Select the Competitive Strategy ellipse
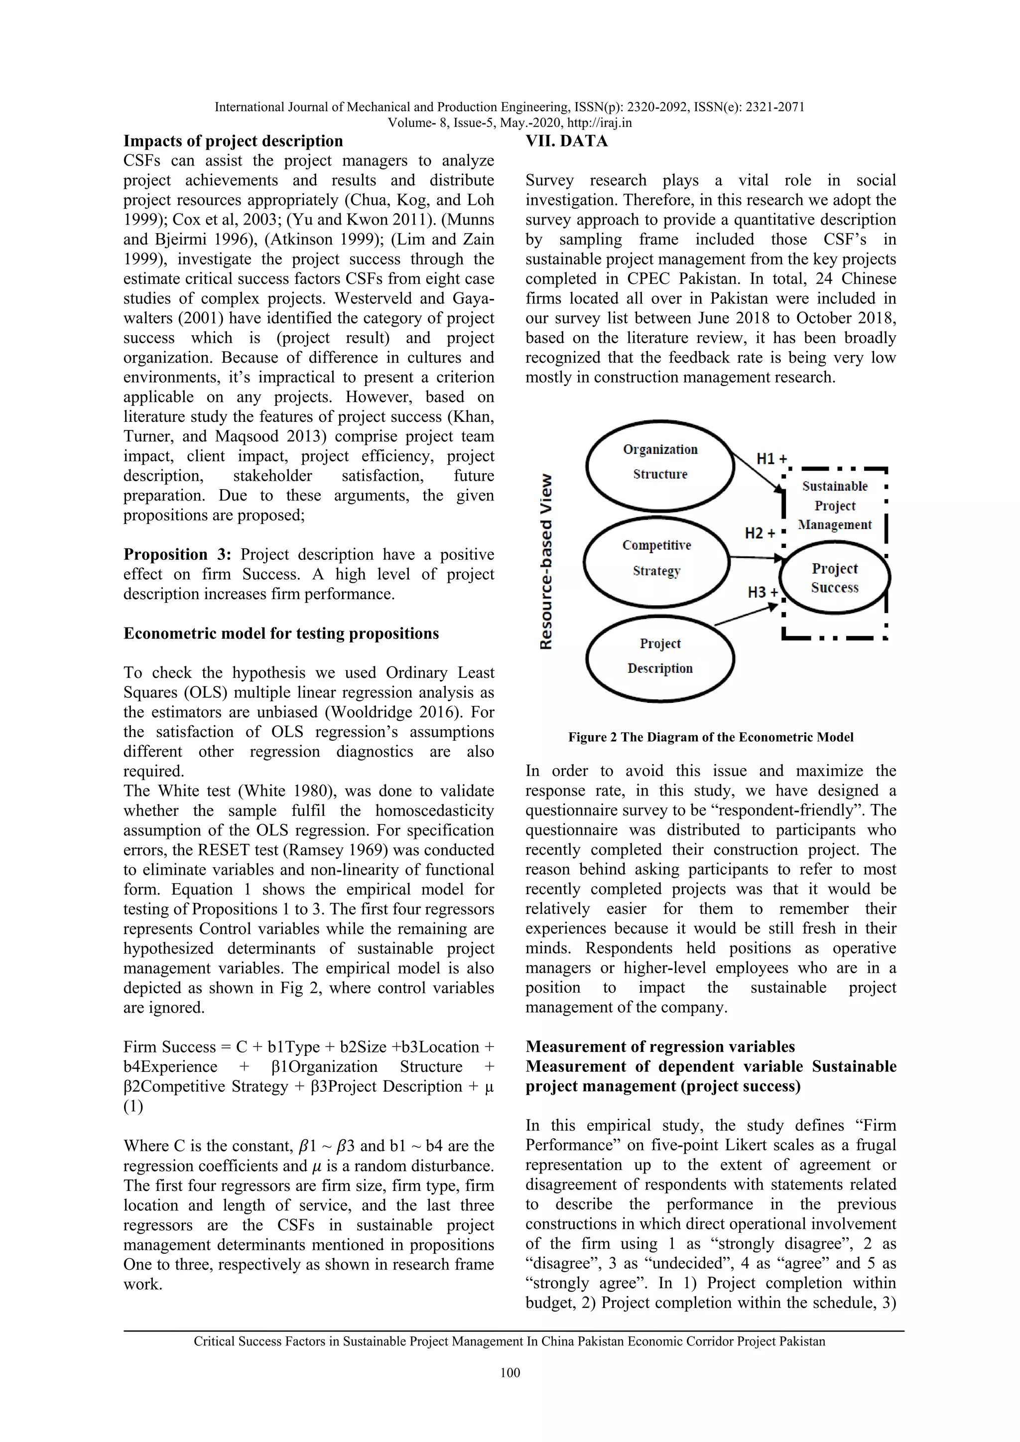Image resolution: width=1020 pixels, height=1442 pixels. [x=656, y=559]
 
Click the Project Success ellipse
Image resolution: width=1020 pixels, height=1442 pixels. [x=834, y=578]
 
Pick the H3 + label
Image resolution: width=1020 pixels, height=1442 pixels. [x=763, y=592]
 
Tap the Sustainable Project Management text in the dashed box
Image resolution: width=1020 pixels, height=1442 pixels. [x=835, y=506]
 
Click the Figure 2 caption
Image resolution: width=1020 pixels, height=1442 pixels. [x=710, y=737]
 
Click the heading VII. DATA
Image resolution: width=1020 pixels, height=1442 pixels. [x=566, y=141]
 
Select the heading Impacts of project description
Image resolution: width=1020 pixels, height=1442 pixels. [x=233, y=141]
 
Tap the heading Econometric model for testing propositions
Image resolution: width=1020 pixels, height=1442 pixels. [x=281, y=633]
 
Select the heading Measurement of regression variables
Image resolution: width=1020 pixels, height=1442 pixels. [x=660, y=1047]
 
